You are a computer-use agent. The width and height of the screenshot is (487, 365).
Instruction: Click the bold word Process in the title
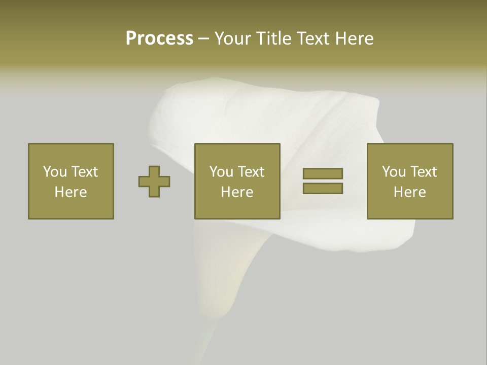pyautogui.click(x=159, y=39)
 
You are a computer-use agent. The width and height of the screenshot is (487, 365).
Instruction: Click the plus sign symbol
pyautogui.click(x=154, y=181)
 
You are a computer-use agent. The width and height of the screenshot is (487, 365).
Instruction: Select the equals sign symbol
pyautogui.click(x=323, y=181)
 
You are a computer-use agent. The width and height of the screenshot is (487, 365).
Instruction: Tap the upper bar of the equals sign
pyautogui.click(x=323, y=173)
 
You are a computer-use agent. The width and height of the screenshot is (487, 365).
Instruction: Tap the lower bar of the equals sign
pyautogui.click(x=323, y=189)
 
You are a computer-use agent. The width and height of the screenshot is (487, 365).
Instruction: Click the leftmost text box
pyautogui.click(x=71, y=181)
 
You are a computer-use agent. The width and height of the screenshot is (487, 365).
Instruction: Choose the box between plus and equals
pyautogui.click(x=237, y=181)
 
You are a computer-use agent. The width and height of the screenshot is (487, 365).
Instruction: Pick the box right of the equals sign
pyautogui.click(x=410, y=181)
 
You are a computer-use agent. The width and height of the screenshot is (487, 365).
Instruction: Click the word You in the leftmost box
pyautogui.click(x=55, y=172)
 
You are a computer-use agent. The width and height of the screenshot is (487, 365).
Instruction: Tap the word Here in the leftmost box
pyautogui.click(x=71, y=192)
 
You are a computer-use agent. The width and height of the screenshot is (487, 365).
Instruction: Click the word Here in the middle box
pyautogui.click(x=237, y=192)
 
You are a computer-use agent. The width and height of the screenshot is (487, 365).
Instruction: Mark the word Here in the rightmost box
pyautogui.click(x=410, y=192)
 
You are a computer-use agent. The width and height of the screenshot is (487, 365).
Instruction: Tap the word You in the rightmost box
pyautogui.click(x=394, y=172)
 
